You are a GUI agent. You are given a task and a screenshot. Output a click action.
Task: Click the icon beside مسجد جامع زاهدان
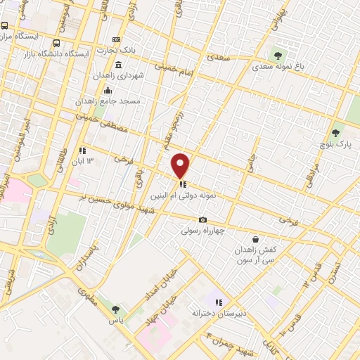(108, 91)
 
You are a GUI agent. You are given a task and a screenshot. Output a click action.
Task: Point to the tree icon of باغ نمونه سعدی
(278, 55)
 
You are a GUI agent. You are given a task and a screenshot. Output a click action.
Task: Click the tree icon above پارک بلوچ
(335, 131)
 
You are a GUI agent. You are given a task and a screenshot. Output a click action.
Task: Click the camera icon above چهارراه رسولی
(202, 219)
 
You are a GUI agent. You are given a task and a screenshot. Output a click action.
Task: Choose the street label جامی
(249, 162)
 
